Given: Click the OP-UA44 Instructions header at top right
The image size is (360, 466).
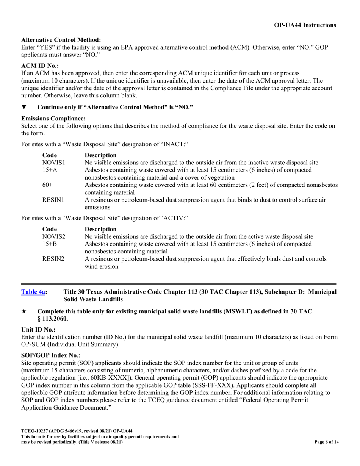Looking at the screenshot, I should coord(305,25).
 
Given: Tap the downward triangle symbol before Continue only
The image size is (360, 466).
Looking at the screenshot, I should coord(24,107).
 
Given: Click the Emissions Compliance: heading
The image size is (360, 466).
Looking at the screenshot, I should coord(53,119).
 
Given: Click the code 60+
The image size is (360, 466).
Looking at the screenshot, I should coord(48,185).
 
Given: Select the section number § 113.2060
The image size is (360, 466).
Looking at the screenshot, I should coord(53,319).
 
